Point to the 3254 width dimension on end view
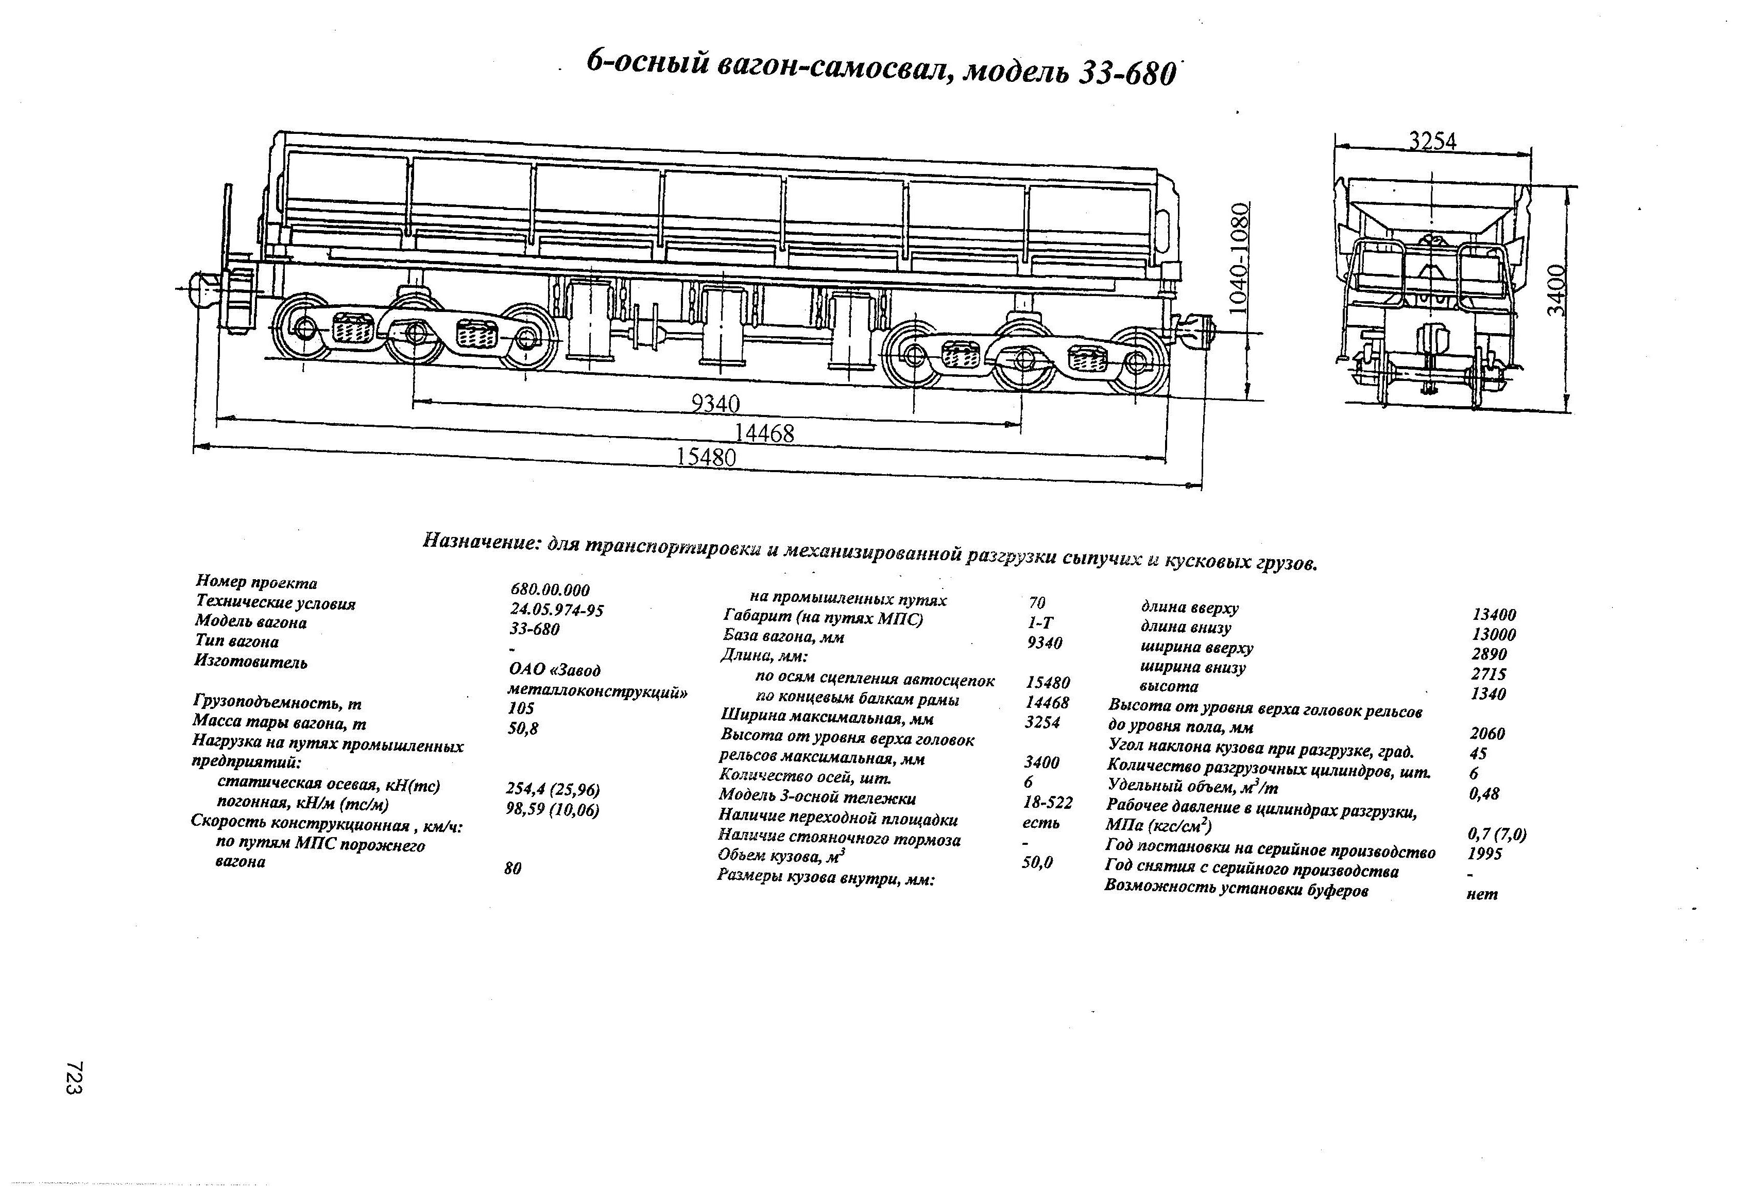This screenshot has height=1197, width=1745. pyautogui.click(x=1432, y=141)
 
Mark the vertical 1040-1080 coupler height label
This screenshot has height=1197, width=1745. pyautogui.click(x=1241, y=257)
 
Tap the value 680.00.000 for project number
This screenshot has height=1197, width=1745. pyautogui.click(x=550, y=590)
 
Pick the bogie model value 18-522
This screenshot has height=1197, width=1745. pyautogui.click(x=1048, y=803)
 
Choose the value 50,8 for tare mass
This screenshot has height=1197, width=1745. pyautogui.click(x=523, y=728)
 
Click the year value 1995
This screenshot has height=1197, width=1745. pyautogui.click(x=1484, y=853)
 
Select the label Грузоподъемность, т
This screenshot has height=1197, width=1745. pyautogui.click(x=278, y=703)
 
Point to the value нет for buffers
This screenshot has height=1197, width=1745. pyautogui.click(x=1481, y=894)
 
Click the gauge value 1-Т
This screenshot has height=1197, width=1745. pyautogui.click(x=1040, y=622)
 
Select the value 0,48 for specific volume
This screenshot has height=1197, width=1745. pyautogui.click(x=1484, y=793)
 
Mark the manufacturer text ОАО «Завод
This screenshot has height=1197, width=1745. pyautogui.click(x=554, y=669)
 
